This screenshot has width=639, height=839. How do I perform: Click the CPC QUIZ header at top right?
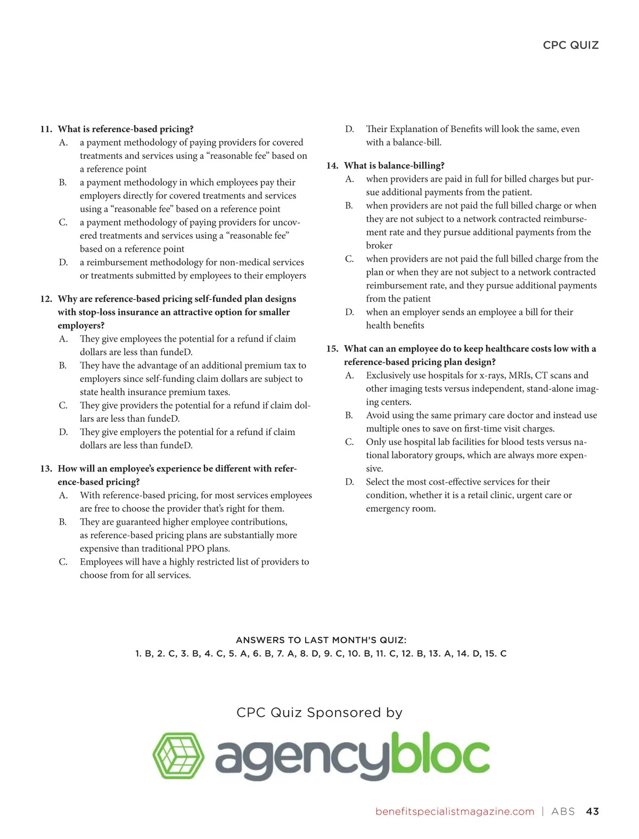[570, 45]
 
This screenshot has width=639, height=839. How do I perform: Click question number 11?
[46, 129]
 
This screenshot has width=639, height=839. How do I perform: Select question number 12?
[46, 299]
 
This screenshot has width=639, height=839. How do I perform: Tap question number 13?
[46, 469]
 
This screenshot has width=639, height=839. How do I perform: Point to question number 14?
[332, 166]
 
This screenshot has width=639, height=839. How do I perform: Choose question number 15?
[332, 349]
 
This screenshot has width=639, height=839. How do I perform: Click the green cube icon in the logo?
[178, 755]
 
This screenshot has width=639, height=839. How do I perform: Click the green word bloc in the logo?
[439, 754]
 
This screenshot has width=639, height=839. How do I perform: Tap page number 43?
[592, 811]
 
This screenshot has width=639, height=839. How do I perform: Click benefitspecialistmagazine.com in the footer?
[455, 811]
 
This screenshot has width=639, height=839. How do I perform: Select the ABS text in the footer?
[563, 811]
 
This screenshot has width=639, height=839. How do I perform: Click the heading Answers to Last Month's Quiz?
[321, 640]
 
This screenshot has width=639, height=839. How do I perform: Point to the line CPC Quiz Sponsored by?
[319, 712]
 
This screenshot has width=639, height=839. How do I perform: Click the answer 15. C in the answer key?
[496, 654]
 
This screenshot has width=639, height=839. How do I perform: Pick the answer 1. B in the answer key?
[144, 654]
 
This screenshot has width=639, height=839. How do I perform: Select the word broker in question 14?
[379, 246]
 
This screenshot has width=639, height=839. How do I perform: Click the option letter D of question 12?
[63, 432]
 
